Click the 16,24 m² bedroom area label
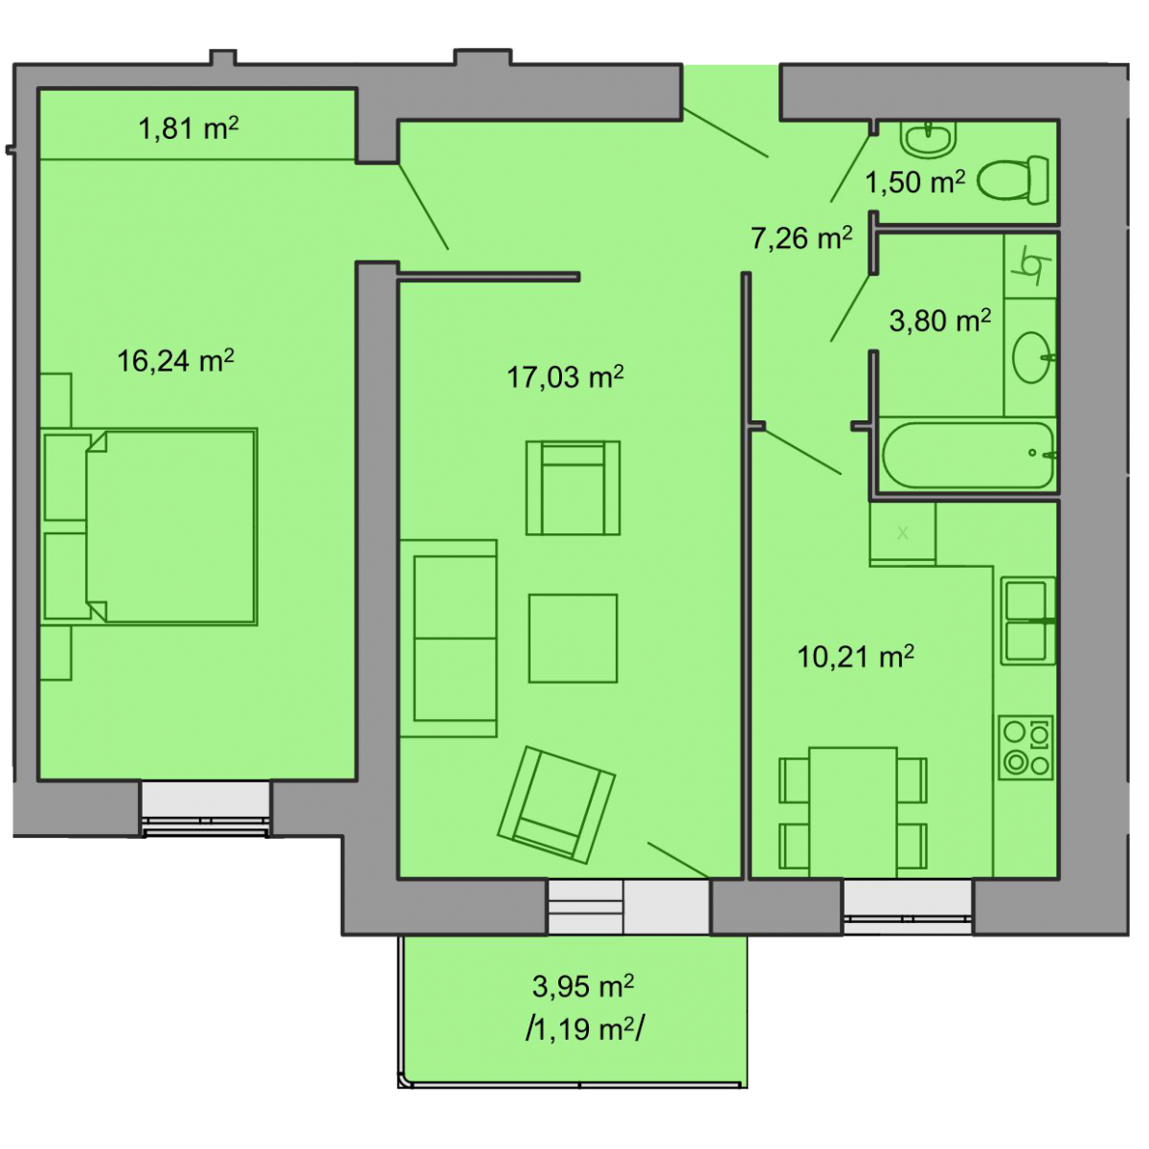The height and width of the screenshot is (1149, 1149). coord(175,361)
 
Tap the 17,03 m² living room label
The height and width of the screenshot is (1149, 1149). coord(565,377)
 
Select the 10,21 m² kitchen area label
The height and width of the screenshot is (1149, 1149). coord(856,657)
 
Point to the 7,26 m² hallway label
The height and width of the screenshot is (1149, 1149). coord(802,237)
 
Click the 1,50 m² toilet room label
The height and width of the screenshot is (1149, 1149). coord(914,181)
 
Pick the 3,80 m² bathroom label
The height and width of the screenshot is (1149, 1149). coord(940,321)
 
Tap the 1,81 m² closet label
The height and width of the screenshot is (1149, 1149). coord(189,128)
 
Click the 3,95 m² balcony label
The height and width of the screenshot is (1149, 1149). coord(582,985)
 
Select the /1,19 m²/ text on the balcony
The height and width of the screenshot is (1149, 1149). coord(584,1029)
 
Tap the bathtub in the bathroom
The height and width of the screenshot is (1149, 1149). coord(968,456)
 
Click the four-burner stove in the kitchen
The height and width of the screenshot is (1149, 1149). coord(1026,748)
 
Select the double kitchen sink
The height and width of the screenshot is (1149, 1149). coord(1028,620)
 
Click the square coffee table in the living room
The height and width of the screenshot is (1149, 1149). coord(573,638)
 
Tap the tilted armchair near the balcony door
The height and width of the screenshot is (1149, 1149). coord(556,805)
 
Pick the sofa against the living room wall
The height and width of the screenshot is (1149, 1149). coord(448,638)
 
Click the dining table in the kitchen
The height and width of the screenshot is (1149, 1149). coord(853,812)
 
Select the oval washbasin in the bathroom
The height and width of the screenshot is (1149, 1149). coord(1032,357)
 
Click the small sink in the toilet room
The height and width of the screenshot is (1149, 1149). coord(928,138)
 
